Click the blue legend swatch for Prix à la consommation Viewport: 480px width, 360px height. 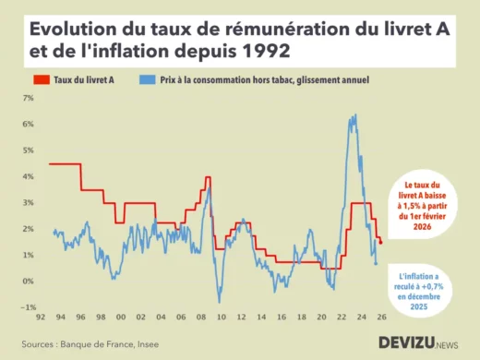pyautogui.click(x=147, y=80)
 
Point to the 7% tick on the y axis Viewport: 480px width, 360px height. pyautogui.click(x=28, y=98)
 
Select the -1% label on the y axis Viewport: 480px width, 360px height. pyautogui.click(x=28, y=307)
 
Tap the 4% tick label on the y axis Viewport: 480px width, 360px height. pyautogui.click(x=28, y=176)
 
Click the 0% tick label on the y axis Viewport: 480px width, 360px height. pyautogui.click(x=28, y=282)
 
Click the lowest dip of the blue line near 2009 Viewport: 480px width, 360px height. pyautogui.click(x=219, y=302)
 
